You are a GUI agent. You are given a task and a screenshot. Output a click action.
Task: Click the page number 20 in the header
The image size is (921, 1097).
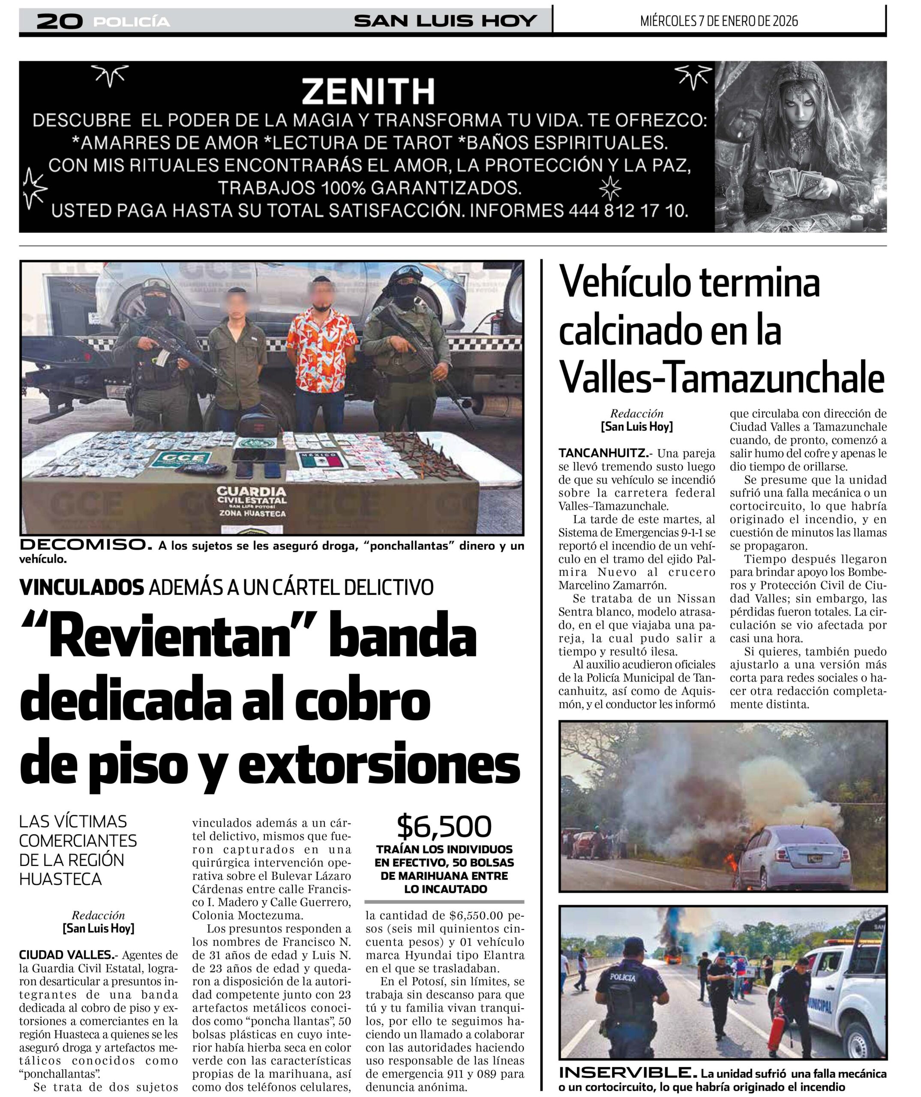[x=60, y=21]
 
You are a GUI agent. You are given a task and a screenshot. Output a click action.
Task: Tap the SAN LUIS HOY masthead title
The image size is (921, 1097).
[x=445, y=21]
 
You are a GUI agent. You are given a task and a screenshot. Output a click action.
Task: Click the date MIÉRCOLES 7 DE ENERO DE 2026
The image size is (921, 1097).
[x=719, y=21]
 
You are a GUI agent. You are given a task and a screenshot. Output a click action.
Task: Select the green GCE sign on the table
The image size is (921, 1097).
[x=181, y=459]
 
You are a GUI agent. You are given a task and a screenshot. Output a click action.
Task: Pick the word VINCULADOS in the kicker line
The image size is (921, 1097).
[x=81, y=587]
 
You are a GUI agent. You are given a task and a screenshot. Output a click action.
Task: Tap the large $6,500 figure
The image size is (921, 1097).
[x=444, y=827]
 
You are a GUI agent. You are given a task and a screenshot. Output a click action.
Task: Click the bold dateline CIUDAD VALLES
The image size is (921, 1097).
[x=66, y=955]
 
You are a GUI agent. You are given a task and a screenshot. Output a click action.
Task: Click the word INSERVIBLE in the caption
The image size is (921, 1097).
[x=627, y=1073]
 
